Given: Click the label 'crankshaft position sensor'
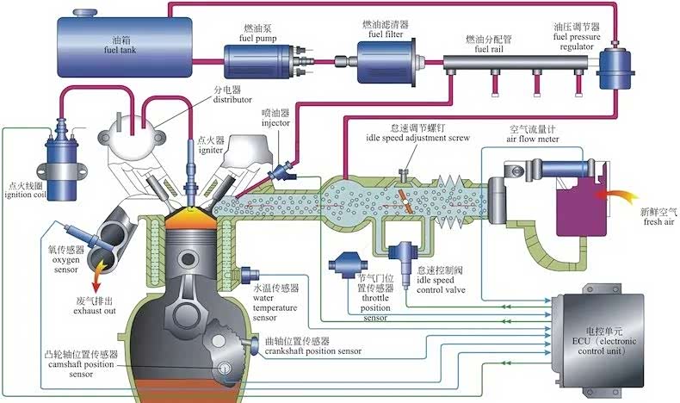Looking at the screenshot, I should (x=315, y=352).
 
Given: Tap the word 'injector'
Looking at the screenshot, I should (x=279, y=123).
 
